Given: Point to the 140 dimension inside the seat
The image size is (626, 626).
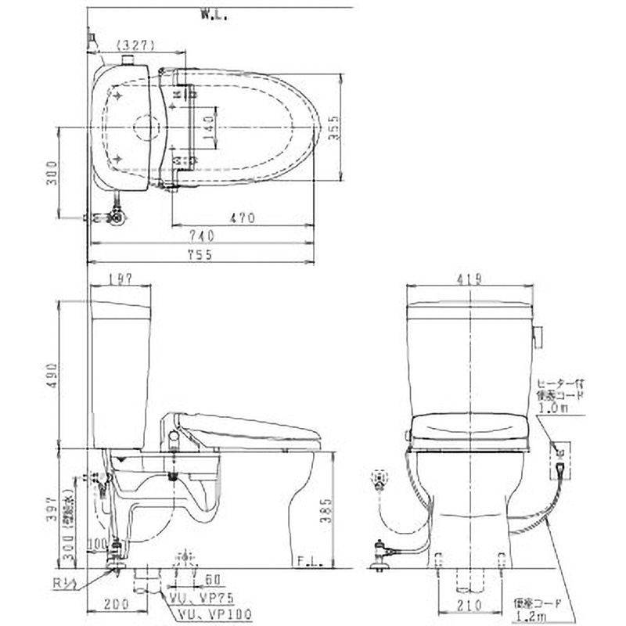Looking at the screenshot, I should pyautogui.click(x=207, y=128).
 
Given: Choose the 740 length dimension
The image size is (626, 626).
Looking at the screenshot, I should pyautogui.click(x=201, y=235).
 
